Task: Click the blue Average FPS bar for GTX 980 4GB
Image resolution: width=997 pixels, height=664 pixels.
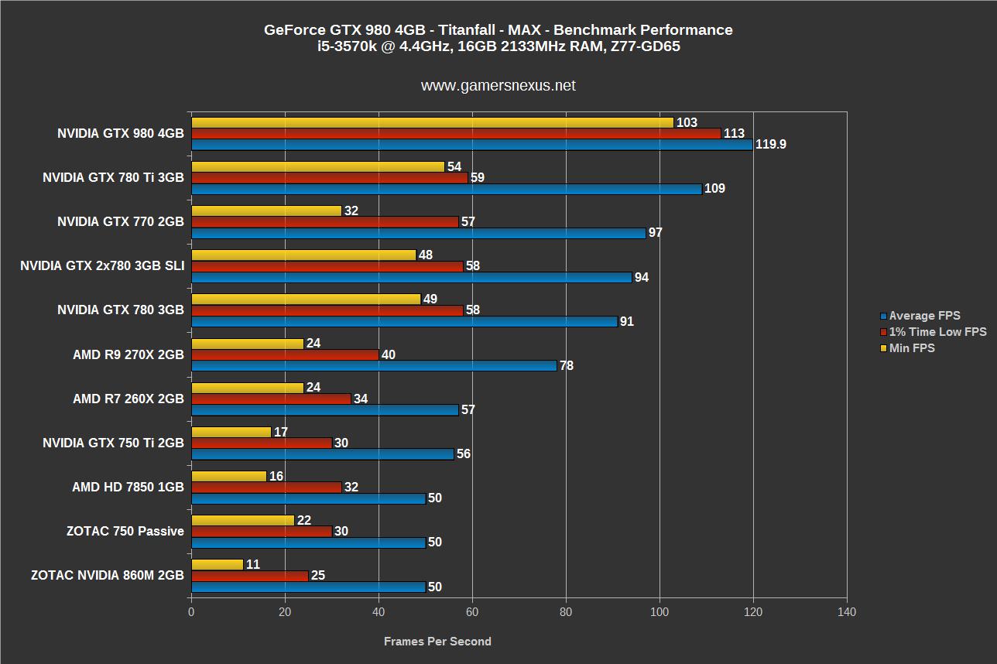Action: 471,145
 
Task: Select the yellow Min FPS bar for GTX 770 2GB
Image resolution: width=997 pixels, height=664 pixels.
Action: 266,210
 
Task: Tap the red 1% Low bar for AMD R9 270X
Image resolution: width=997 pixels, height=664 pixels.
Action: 285,354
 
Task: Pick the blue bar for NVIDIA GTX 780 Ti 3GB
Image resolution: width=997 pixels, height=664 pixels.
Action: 446,189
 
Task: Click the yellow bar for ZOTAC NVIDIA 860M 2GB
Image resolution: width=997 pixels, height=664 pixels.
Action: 217,565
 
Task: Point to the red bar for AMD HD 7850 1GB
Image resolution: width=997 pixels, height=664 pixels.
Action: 266,487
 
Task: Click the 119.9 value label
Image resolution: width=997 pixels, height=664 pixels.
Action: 771,145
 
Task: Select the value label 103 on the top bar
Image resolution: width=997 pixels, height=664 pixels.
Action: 687,122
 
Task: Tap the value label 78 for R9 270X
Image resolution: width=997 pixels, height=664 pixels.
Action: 567,366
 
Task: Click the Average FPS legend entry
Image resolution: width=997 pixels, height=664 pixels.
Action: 924,316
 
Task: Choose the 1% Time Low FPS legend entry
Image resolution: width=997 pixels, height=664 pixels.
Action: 937,332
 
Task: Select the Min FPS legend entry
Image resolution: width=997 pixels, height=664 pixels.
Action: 912,348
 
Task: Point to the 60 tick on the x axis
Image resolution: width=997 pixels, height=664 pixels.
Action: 472,612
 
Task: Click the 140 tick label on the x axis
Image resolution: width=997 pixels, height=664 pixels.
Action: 847,612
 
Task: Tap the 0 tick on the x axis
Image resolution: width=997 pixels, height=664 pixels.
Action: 191,612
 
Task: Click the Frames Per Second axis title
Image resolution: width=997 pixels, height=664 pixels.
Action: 437,641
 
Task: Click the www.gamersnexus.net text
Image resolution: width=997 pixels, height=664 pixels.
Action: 498,86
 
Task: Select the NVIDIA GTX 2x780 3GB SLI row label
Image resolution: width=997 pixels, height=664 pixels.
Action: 102,266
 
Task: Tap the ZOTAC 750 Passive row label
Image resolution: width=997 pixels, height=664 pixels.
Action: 125,531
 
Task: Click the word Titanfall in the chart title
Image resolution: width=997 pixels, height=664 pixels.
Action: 470,30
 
